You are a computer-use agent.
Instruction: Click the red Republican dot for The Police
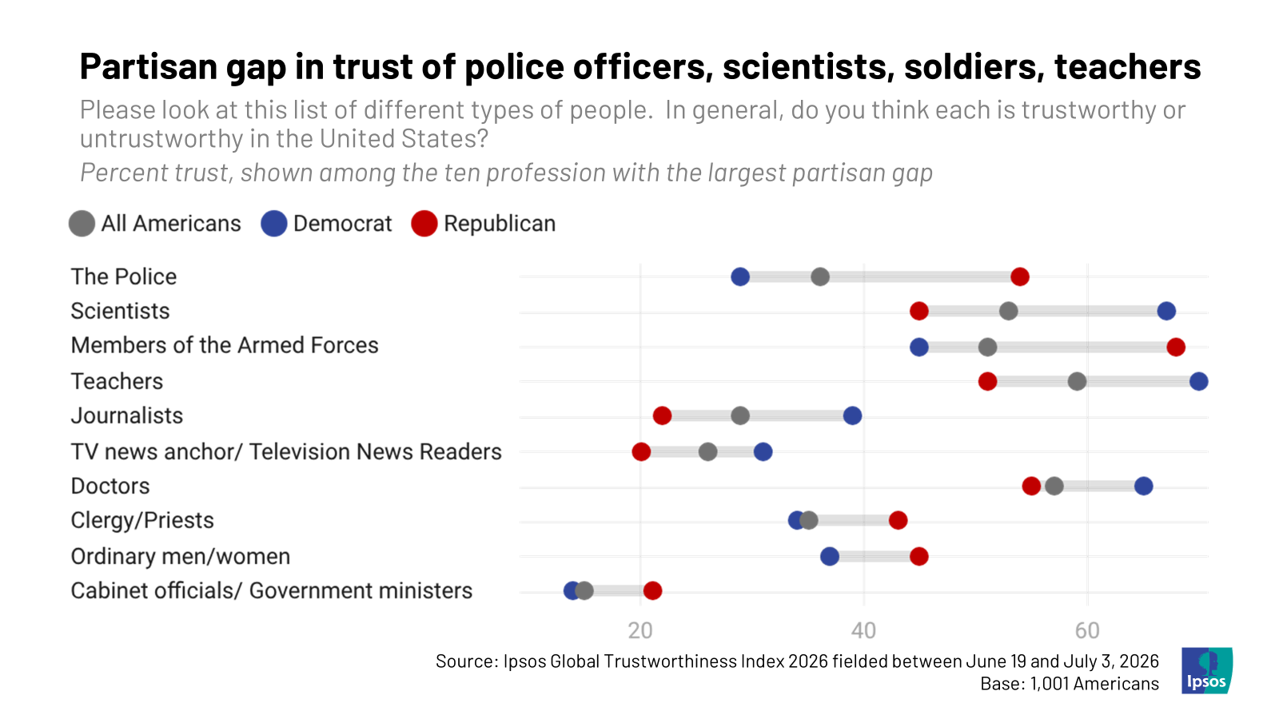[x=1020, y=277]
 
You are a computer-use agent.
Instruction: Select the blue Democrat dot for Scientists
[x=1166, y=312]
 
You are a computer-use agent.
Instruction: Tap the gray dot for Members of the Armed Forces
[x=987, y=347]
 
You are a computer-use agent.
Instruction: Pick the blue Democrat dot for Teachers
[x=1198, y=382]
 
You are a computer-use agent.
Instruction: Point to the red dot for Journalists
[x=662, y=416]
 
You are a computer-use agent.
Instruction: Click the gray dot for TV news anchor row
[x=707, y=452]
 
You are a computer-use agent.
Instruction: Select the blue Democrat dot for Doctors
[x=1143, y=487]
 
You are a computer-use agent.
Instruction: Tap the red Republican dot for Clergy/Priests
[x=898, y=520]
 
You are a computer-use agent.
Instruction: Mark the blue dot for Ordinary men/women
[x=829, y=556]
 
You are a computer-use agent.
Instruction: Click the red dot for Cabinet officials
[x=652, y=590]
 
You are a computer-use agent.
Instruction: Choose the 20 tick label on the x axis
[x=640, y=631]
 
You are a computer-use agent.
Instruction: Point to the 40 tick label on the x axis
[x=863, y=631]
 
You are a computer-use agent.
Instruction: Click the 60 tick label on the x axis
[x=1087, y=631]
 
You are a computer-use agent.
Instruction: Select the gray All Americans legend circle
[x=82, y=224]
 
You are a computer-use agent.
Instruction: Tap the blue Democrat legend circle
[x=273, y=224]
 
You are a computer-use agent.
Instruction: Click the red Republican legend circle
[x=424, y=224]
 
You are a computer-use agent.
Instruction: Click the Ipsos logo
[x=1206, y=670]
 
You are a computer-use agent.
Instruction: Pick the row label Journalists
[x=127, y=416]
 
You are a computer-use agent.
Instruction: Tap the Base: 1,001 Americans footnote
[x=1070, y=684]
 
